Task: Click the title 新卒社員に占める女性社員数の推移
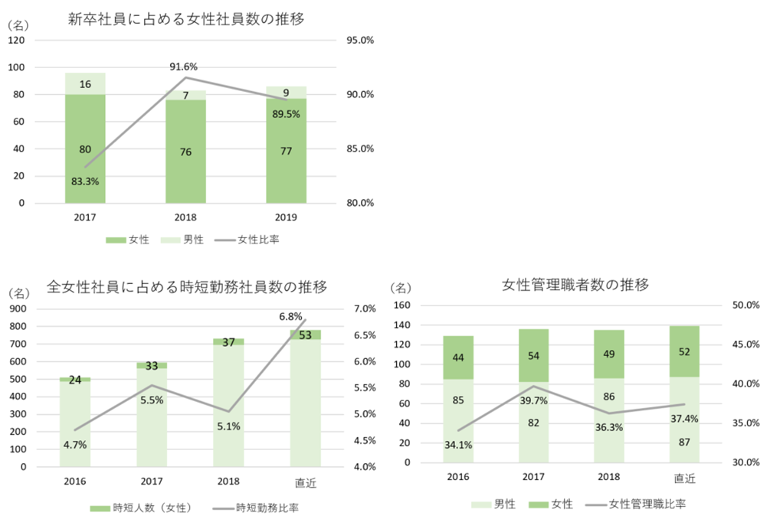(x=186, y=20)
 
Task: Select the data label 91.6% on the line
(x=185, y=67)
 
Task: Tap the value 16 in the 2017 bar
(x=86, y=84)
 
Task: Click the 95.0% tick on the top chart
(x=358, y=41)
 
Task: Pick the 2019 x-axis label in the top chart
(x=286, y=217)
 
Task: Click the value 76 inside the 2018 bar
(x=185, y=152)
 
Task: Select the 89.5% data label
(x=286, y=114)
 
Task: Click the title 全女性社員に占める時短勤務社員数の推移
(x=187, y=287)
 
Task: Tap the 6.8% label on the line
(x=290, y=316)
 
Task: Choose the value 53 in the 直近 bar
(x=306, y=335)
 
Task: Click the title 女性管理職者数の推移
(x=575, y=286)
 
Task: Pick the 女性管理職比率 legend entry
(x=647, y=504)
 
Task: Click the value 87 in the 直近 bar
(x=684, y=442)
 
